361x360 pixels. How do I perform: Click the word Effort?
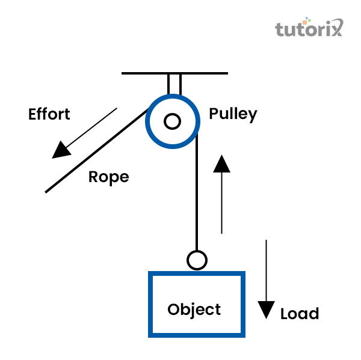pos(49,114)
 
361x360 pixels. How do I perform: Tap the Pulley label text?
pos(233,114)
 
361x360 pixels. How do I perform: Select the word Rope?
pos(108,178)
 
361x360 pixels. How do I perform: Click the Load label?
pos(299,314)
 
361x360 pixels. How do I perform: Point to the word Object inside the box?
pos(194,310)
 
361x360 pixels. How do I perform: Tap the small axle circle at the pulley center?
pos(173,121)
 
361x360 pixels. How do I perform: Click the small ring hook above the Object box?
pos(197,260)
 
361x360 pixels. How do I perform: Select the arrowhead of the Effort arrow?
pos(60,150)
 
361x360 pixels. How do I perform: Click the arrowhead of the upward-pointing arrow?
pos(222,163)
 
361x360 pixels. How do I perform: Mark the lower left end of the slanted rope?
pos(48,192)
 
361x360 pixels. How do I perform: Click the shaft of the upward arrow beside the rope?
pos(222,204)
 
